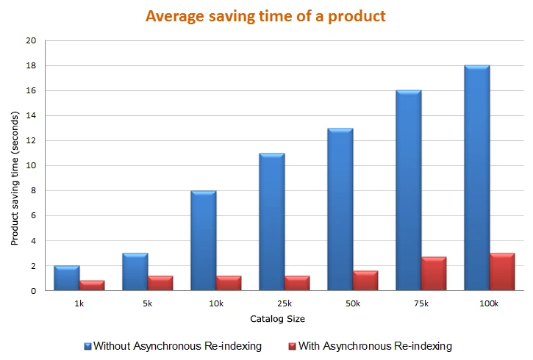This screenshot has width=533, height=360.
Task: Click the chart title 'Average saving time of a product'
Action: (x=265, y=16)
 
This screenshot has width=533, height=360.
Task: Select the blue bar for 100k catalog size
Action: (x=477, y=179)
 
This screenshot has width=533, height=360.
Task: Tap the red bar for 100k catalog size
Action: (x=502, y=272)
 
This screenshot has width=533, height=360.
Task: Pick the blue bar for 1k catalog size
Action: (x=67, y=278)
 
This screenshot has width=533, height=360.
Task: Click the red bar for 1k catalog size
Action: (x=92, y=285)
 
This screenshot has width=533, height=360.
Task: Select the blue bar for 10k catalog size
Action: (x=204, y=241)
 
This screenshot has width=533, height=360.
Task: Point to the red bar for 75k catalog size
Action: (x=434, y=274)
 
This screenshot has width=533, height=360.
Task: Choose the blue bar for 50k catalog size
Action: (x=340, y=209)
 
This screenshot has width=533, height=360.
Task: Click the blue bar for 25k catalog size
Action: (x=272, y=222)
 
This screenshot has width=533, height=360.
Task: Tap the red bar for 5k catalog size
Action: (x=160, y=283)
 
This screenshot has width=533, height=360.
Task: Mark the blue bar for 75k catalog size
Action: (x=409, y=191)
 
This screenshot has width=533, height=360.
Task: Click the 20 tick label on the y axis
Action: (x=31, y=41)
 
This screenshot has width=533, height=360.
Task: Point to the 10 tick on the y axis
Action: (x=31, y=166)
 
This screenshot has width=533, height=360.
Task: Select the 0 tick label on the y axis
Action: (x=33, y=291)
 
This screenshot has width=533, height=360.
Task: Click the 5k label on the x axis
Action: (x=147, y=303)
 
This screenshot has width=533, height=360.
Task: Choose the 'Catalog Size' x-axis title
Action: (x=277, y=319)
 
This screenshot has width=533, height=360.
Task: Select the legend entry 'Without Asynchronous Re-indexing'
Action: (x=176, y=345)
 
